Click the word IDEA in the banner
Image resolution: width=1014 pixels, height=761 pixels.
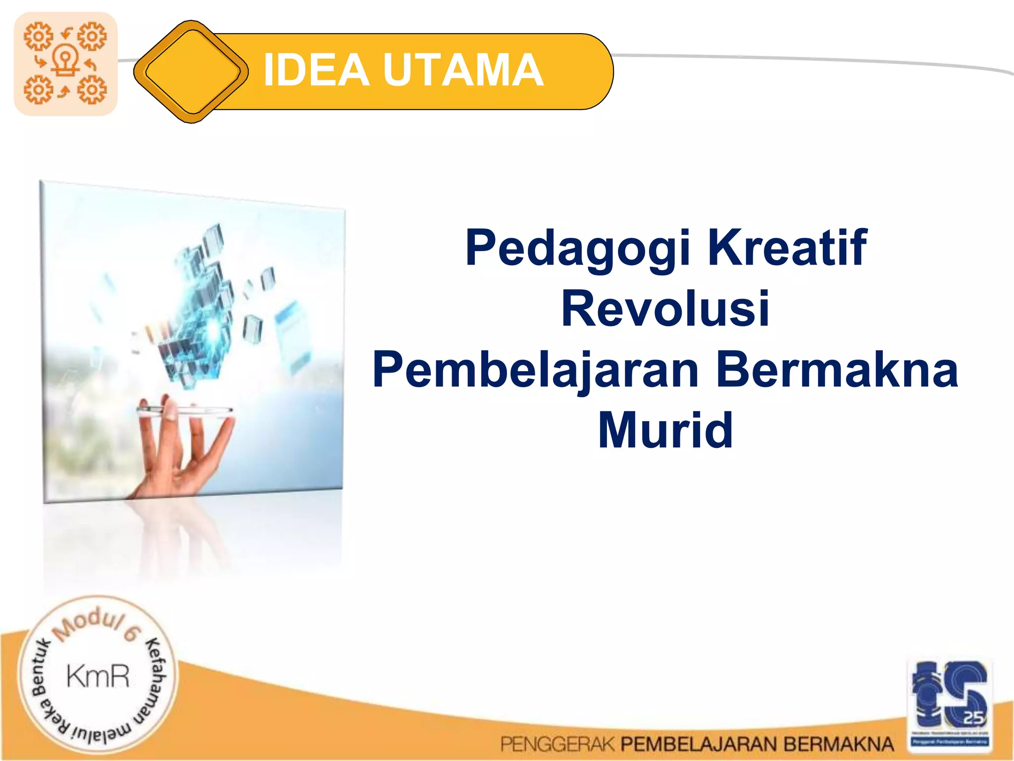pyautogui.click(x=316, y=70)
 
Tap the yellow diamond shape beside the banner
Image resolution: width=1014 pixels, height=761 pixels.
pyautogui.click(x=191, y=71)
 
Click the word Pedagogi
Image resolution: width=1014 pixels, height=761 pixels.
pyautogui.click(x=577, y=248)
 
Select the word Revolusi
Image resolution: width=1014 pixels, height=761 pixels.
pyautogui.click(x=665, y=309)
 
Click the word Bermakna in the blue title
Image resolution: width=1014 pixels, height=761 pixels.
pyautogui.click(x=837, y=369)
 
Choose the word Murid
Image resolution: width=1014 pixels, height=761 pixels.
pyautogui.click(x=665, y=430)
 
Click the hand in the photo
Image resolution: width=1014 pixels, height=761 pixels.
pyautogui.click(x=183, y=446)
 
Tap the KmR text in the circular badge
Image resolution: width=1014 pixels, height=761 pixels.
pyautogui.click(x=98, y=677)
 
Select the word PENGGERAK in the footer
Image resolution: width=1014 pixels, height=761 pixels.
pyautogui.click(x=557, y=744)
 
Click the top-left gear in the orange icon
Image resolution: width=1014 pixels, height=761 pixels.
pyautogui.click(x=38, y=36)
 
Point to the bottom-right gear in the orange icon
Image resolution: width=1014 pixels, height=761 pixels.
pyautogui.click(x=92, y=90)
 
